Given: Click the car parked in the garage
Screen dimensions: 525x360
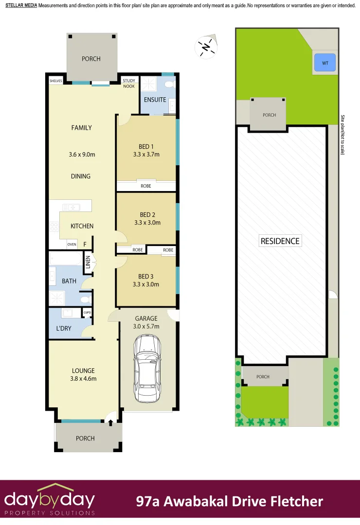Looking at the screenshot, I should coord(147,369).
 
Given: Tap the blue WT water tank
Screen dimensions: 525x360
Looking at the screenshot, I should coord(324,63).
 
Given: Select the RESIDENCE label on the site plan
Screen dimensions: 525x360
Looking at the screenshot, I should coord(280,241).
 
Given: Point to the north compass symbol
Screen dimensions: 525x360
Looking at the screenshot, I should coord(205,47).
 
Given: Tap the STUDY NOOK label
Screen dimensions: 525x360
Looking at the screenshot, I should coord(129,83).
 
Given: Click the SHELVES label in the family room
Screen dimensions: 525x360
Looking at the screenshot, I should coord(56,81).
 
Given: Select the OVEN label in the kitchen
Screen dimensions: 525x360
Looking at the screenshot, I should coord(72,245).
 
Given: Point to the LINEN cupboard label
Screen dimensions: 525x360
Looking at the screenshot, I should coord(88,262).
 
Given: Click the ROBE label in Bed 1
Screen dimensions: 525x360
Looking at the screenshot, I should coord(146,186).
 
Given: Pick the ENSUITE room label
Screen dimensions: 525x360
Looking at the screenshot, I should coord(155,100).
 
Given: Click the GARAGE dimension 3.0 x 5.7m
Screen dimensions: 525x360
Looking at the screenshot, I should coord(146,326).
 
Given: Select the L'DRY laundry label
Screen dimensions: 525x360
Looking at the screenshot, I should coord(64,329).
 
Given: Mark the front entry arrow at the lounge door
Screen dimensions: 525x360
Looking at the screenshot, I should coord(110,422).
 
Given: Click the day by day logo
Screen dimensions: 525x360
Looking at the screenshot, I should coord(50,499).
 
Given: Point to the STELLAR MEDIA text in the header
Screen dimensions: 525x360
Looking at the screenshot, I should coord(20,5).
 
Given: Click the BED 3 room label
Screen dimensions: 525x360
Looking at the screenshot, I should coord(146,277).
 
